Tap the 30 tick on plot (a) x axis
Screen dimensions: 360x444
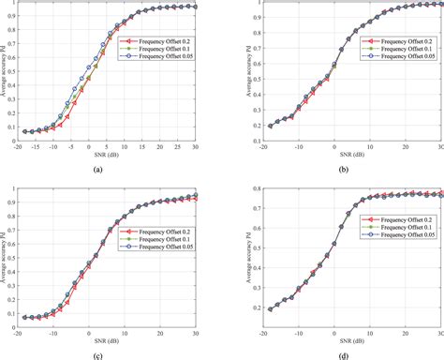(194, 146)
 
